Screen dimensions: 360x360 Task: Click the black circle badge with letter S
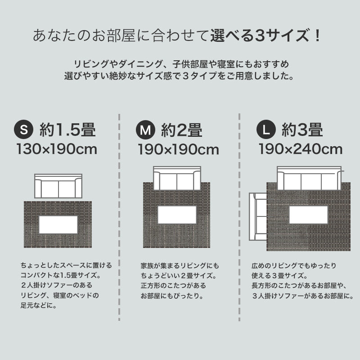point(24,130)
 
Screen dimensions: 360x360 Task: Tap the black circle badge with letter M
point(145,130)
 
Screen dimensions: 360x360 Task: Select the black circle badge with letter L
point(266,130)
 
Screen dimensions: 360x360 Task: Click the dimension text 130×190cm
point(57,149)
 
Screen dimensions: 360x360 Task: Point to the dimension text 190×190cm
point(178,149)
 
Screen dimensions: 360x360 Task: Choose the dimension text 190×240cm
point(301,149)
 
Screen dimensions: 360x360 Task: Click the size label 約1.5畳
point(67,130)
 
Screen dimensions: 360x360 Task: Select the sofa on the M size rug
point(177,179)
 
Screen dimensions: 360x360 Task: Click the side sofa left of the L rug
point(260,216)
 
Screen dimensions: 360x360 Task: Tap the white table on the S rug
point(58,225)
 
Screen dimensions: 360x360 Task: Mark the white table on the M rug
point(177,215)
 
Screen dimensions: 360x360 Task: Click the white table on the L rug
point(308,215)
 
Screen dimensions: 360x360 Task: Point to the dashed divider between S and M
point(119,216)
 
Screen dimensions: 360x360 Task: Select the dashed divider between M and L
point(239,216)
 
